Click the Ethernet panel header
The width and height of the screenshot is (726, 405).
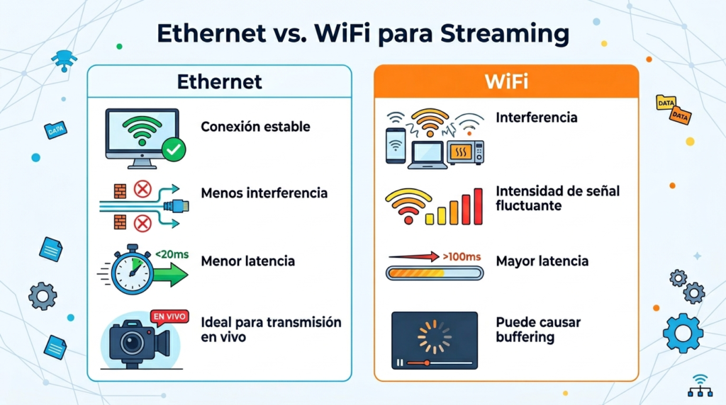click(219, 81)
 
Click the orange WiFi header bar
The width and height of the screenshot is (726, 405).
click(506, 81)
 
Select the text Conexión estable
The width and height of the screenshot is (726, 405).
click(256, 127)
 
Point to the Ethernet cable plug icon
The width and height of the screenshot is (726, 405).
click(177, 206)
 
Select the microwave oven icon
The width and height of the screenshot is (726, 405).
click(465, 152)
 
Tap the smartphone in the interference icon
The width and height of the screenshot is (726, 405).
click(395, 146)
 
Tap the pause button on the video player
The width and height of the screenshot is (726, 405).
click(401, 363)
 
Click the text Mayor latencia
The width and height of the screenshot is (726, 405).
click(542, 261)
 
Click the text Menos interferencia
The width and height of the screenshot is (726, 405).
click(264, 193)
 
